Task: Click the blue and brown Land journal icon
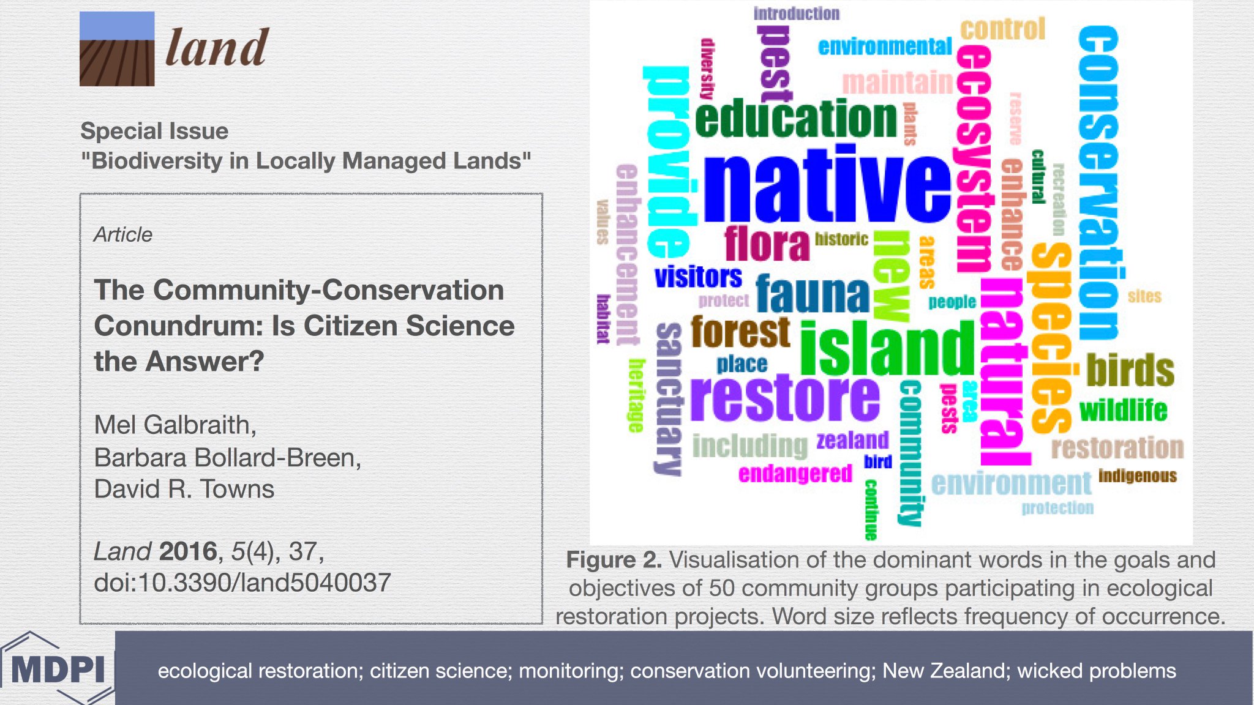117,49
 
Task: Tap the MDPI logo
58,669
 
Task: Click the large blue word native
827,187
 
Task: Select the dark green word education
796,119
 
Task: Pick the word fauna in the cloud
813,294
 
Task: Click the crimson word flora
767,244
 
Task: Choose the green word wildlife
1123,410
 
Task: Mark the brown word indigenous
1137,476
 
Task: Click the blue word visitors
698,277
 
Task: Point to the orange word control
1002,29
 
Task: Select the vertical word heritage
637,395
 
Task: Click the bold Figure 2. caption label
614,560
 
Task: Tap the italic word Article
123,234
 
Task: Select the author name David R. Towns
184,489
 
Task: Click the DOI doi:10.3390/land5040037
242,583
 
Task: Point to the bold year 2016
188,551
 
